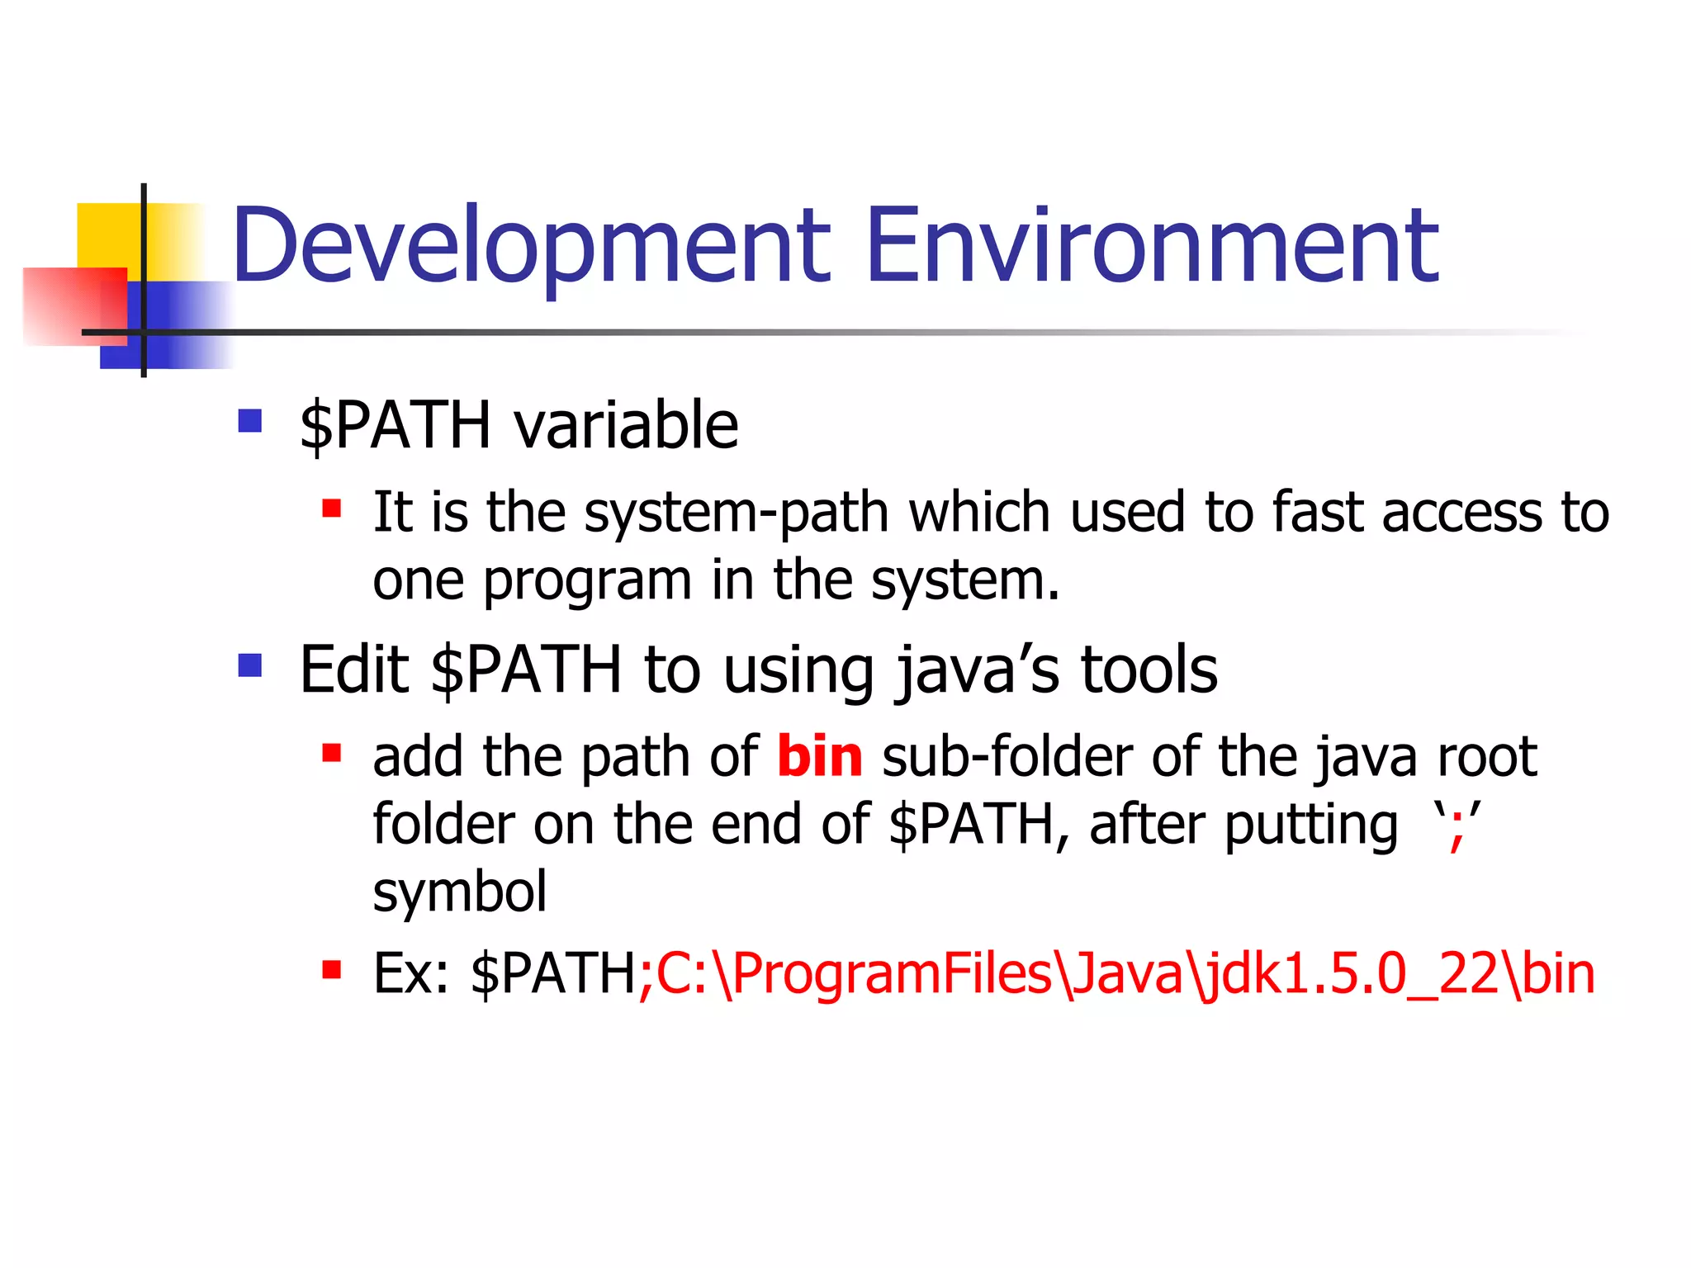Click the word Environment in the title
pos(1152,246)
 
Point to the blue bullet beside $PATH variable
pos(249,421)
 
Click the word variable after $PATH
pos(626,425)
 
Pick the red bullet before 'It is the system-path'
pos(332,508)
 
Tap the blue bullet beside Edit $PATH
pos(249,665)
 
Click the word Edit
pos(353,669)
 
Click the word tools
pos(1149,669)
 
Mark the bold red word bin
pos(819,756)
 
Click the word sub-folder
pos(1007,756)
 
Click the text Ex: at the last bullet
pos(410,974)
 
